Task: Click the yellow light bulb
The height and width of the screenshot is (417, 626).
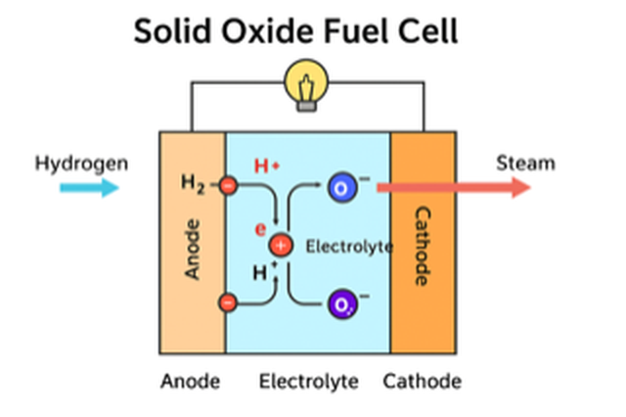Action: [308, 84]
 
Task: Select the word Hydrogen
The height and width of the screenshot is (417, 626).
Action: [81, 162]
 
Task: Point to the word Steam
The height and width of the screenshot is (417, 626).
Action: [525, 162]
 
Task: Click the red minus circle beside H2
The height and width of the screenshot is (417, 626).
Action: [227, 184]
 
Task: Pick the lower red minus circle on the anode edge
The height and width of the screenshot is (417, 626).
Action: [227, 303]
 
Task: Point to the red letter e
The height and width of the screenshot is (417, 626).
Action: [260, 229]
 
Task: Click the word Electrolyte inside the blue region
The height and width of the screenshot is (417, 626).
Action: [349, 246]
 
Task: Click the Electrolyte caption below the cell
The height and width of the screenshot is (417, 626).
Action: [308, 381]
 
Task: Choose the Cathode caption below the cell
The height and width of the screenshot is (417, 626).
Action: [422, 381]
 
